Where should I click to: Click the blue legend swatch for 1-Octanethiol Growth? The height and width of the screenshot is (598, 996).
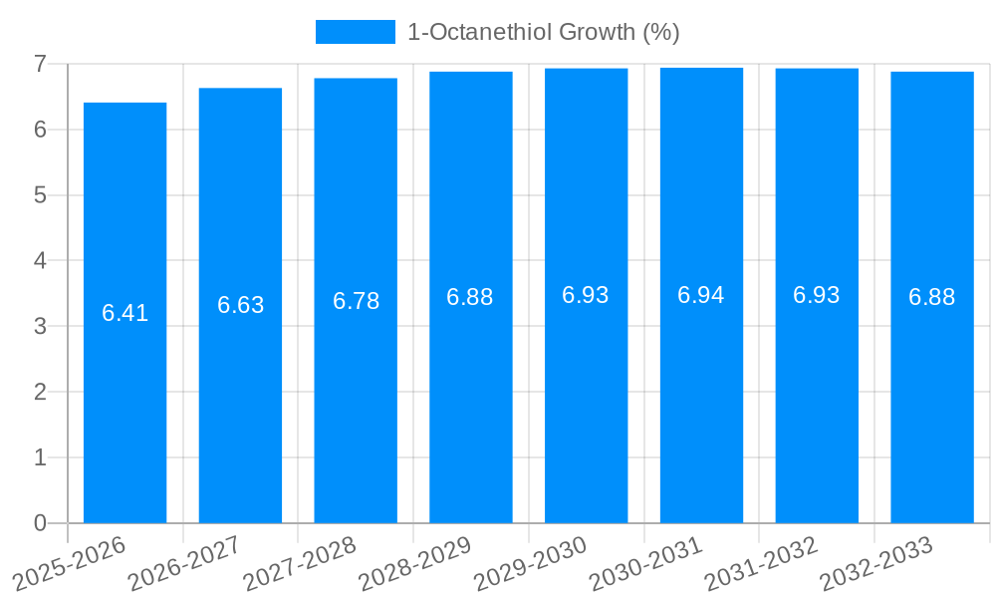(355, 32)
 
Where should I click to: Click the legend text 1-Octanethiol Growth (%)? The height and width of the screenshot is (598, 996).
(543, 32)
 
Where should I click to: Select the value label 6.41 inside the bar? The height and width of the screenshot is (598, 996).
(124, 313)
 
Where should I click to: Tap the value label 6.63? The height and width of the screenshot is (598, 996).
(240, 305)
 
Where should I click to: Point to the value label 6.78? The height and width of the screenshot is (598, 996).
(356, 301)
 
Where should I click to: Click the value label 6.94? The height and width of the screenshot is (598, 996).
(701, 295)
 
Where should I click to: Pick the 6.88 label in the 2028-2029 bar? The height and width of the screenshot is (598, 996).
(470, 297)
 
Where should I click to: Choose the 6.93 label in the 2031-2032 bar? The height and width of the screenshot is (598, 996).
(817, 295)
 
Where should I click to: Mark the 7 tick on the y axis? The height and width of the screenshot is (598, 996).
(40, 64)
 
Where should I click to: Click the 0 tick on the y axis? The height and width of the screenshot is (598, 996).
(40, 523)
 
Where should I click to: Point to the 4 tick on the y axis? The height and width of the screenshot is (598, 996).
(40, 261)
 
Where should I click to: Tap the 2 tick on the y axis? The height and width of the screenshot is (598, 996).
(40, 392)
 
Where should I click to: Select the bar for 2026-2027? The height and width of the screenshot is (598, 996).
(240, 399)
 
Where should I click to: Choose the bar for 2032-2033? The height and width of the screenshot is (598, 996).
(932, 399)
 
